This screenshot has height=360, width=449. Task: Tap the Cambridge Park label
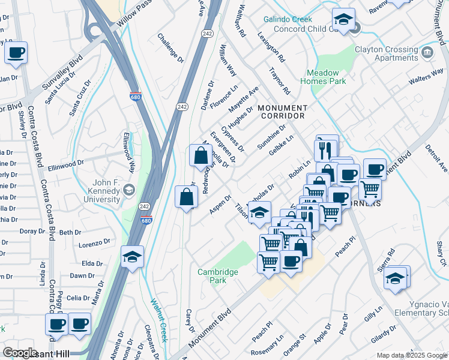click(x=218, y=276)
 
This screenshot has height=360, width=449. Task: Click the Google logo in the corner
click(x=20, y=353)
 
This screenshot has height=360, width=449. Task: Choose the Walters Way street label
click(x=425, y=76)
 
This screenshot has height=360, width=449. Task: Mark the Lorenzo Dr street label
click(x=95, y=244)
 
